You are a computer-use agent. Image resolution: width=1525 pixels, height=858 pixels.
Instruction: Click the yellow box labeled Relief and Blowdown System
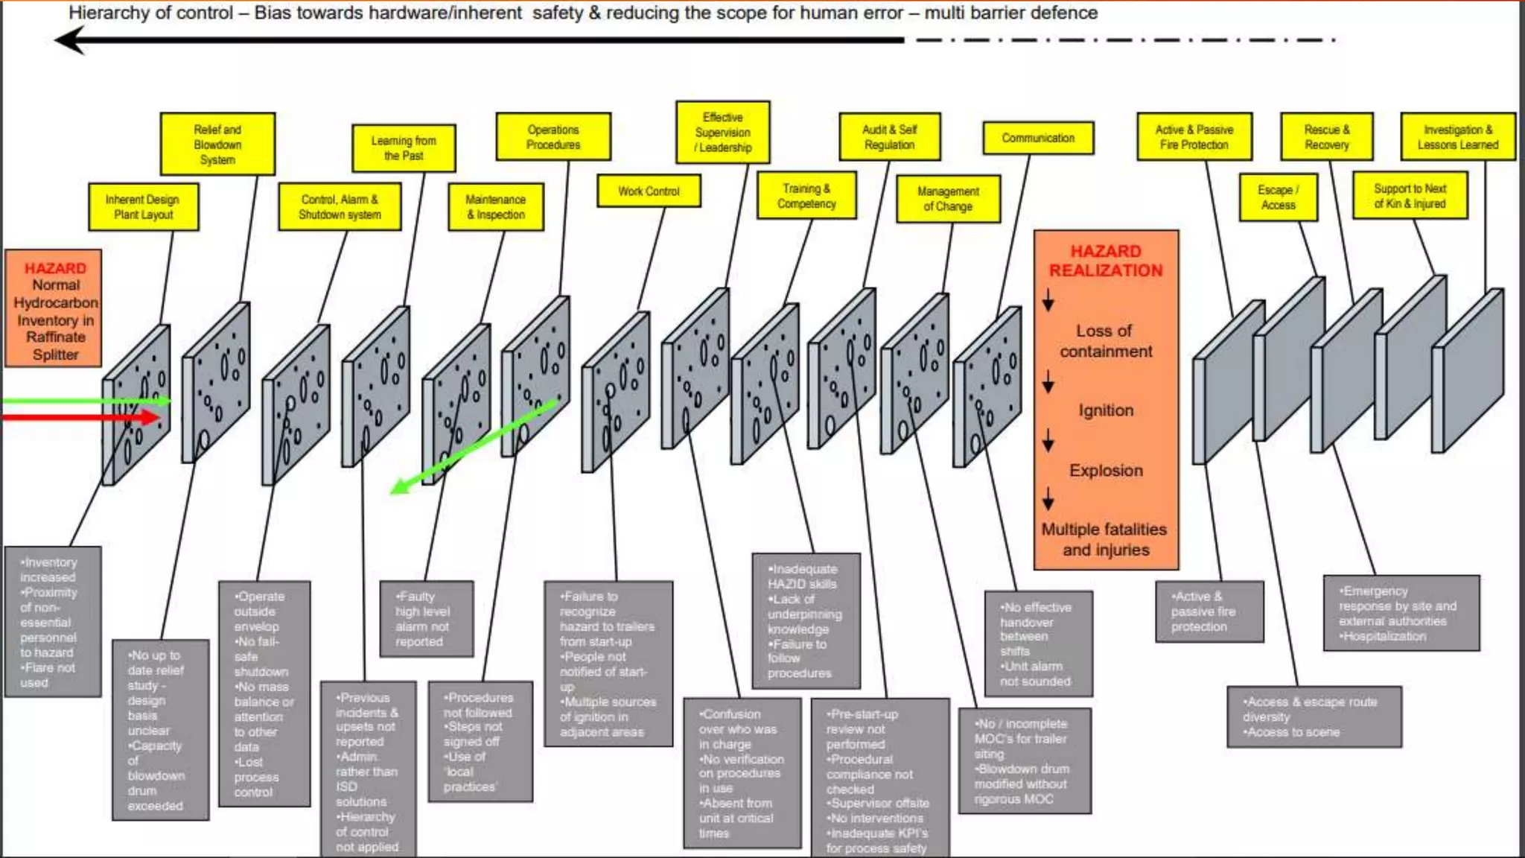(x=217, y=144)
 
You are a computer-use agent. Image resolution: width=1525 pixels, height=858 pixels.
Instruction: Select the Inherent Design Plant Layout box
(x=143, y=207)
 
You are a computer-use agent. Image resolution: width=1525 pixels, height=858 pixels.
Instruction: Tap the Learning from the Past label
(x=403, y=148)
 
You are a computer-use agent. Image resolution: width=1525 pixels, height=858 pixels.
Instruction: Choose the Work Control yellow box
(x=649, y=191)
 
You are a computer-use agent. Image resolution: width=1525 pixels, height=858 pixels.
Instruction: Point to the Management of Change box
(x=948, y=199)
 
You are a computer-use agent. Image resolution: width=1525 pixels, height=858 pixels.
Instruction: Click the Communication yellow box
(x=1038, y=138)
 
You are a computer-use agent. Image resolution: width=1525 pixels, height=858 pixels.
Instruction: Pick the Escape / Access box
(x=1278, y=197)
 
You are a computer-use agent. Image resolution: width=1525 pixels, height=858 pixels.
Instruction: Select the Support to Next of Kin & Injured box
(x=1410, y=196)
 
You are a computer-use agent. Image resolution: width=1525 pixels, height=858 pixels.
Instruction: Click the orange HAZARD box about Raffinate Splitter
(x=54, y=309)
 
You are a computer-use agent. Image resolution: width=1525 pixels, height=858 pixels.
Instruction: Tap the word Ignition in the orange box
(x=1106, y=410)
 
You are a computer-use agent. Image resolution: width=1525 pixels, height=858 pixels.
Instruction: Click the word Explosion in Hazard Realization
(x=1106, y=471)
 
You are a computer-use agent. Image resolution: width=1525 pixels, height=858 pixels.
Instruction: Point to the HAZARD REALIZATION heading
(x=1106, y=261)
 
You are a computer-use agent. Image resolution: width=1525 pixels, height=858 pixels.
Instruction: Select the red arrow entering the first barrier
(x=82, y=417)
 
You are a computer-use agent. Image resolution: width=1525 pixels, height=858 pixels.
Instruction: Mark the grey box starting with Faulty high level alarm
(x=426, y=619)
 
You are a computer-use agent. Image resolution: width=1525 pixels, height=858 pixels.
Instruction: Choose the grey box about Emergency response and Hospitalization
(x=1401, y=613)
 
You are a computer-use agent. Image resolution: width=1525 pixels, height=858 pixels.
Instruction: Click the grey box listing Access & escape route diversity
(x=1314, y=716)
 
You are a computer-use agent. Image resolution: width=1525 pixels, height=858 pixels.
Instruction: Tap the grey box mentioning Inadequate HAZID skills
(x=806, y=620)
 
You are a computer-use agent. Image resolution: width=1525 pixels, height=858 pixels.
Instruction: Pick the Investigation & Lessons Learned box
(x=1457, y=137)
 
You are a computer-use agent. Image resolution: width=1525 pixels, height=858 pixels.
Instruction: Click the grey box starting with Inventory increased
(x=52, y=622)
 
